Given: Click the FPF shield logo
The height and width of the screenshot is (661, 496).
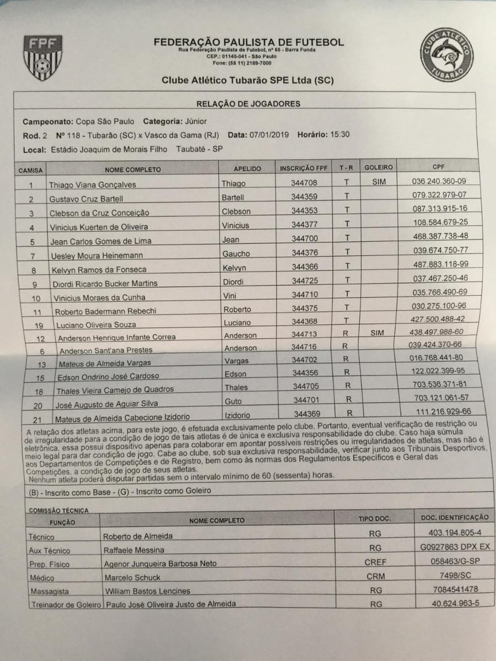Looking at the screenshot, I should click(x=42, y=57).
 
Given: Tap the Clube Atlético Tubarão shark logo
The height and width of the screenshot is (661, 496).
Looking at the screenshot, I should click(x=446, y=55).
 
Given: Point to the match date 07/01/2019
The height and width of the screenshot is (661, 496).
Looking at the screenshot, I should click(x=269, y=134).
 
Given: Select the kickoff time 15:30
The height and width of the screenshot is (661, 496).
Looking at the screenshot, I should click(x=336, y=134).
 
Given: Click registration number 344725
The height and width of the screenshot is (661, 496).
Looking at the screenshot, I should click(x=304, y=281).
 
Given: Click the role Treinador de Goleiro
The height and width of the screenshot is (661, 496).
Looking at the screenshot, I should click(x=64, y=604).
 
